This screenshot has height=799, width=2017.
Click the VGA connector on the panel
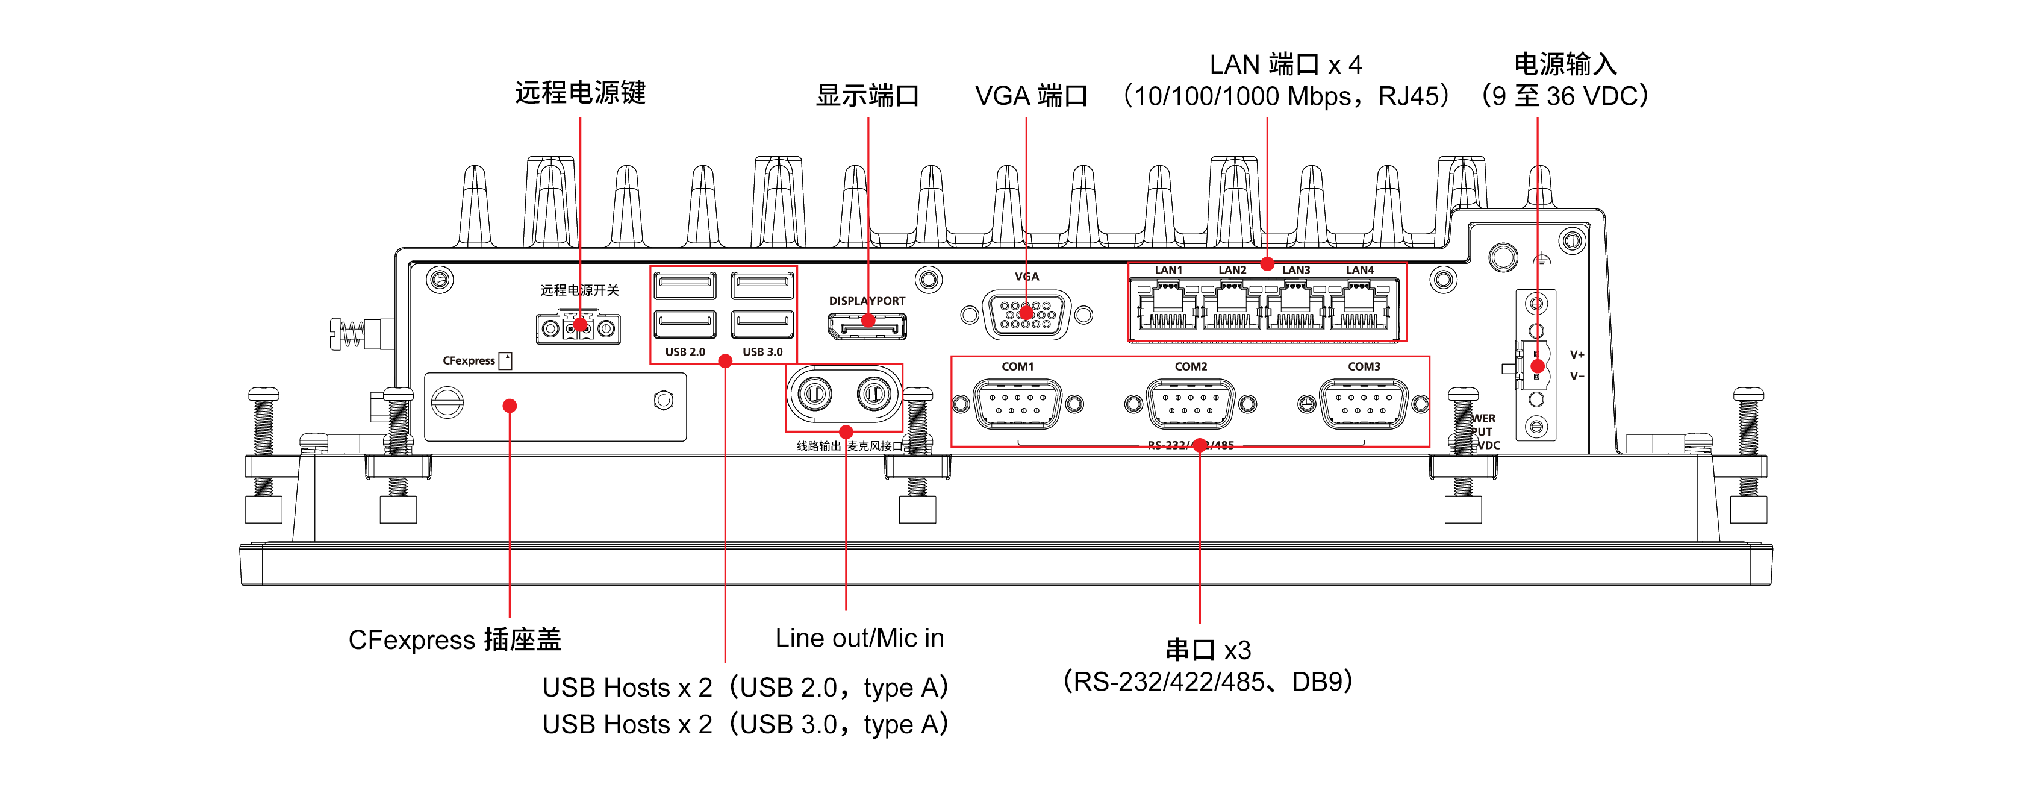pos(1026,315)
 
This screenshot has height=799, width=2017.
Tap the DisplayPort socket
pos(867,325)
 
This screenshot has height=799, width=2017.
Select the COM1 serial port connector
pos(1017,404)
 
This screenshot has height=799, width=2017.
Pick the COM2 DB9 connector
pos(1190,404)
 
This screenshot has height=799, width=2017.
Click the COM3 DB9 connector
pos(1363,404)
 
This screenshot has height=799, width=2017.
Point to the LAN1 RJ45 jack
pos(1167,307)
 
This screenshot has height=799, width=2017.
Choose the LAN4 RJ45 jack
pos(1359,307)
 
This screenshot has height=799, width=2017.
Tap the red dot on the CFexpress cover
pos(510,406)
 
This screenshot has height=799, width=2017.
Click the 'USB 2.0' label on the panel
pos(685,352)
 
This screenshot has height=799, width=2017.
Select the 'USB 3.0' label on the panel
pos(762,352)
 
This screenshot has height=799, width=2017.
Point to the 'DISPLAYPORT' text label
pos(867,301)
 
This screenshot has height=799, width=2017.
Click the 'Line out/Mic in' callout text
pos(859,639)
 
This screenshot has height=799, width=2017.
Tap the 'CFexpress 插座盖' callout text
pos(455,640)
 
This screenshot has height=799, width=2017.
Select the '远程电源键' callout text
pos(580,92)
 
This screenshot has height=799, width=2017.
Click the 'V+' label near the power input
pos(1577,355)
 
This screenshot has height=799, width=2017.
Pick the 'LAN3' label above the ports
pos(1296,270)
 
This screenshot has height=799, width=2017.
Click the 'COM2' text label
pos(1190,366)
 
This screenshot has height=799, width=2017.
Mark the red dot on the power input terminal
pos(1537,366)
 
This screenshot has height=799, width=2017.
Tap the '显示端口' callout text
pos(867,96)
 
